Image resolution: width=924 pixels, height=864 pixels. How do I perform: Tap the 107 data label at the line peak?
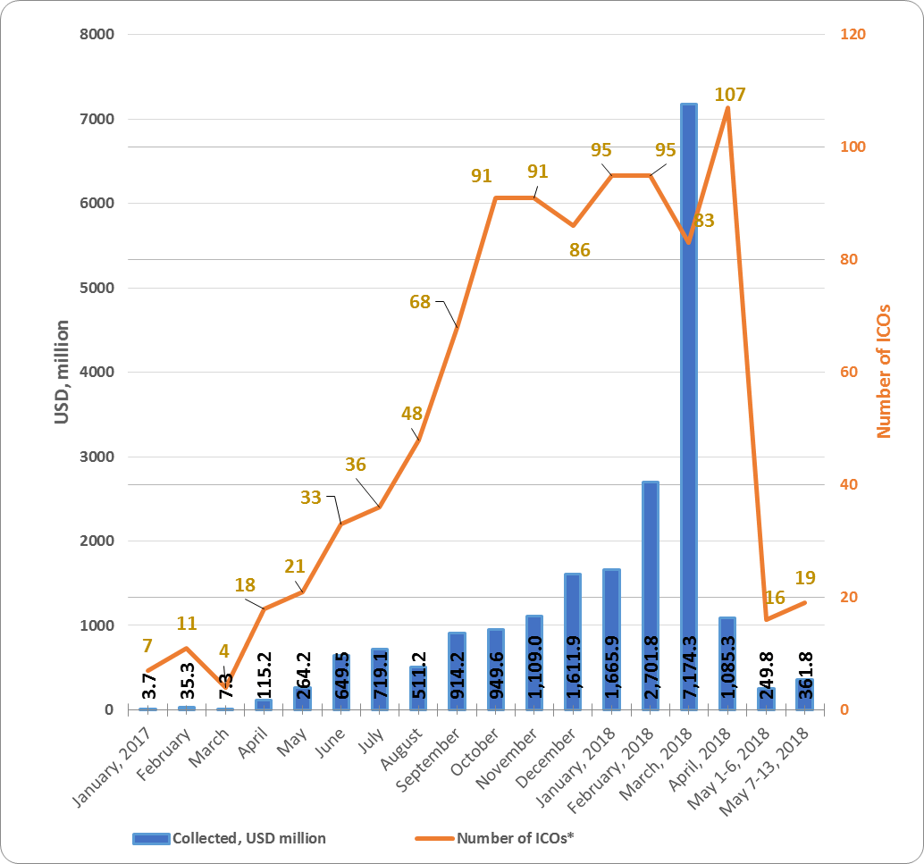point(730,94)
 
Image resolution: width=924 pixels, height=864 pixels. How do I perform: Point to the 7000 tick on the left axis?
point(97,119)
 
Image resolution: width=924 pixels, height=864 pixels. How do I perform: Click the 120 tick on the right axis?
point(853,35)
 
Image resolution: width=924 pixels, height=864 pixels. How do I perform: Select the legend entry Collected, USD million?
point(230,838)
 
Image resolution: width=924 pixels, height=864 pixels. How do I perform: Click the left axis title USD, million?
point(62,372)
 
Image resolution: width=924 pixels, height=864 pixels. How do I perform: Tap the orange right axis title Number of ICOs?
point(885,371)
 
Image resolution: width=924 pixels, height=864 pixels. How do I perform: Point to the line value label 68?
point(420,302)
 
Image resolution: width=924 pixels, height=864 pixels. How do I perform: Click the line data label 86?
point(580,250)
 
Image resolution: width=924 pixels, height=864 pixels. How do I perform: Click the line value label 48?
point(411,414)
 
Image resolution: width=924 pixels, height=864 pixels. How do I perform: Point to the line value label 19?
point(805,577)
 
